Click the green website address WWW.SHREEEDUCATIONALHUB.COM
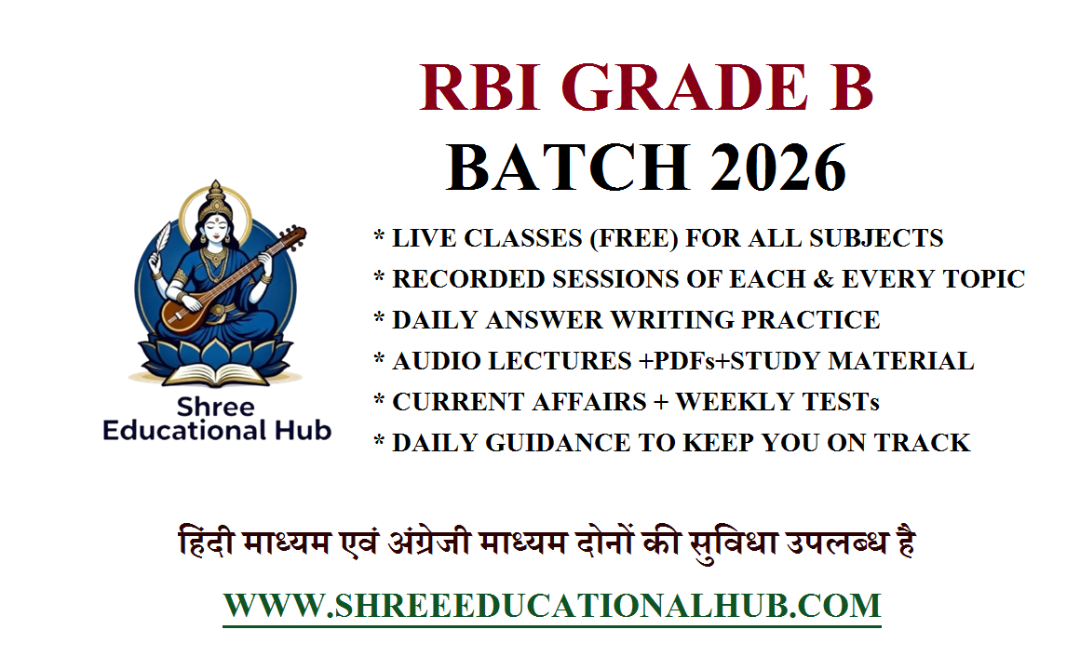point(551,606)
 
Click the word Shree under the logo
point(217,407)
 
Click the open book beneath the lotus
point(215,375)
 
